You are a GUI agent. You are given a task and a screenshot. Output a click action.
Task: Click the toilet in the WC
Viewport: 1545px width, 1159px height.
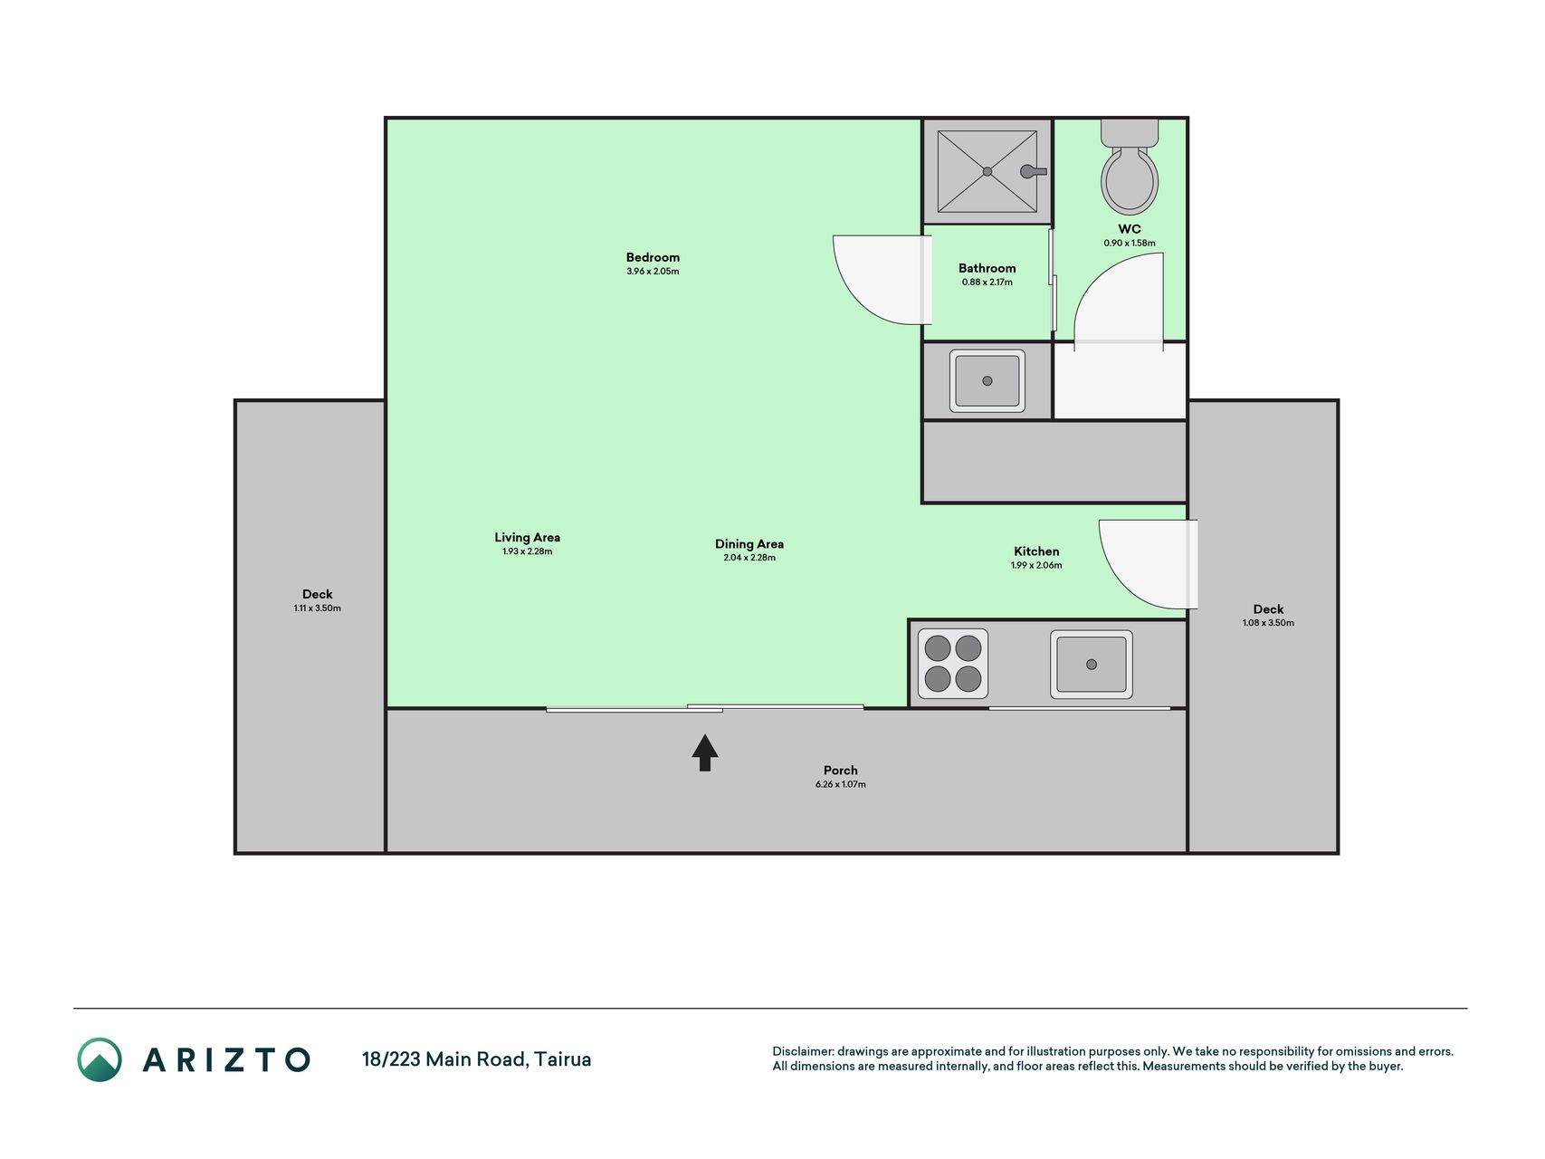[1130, 168]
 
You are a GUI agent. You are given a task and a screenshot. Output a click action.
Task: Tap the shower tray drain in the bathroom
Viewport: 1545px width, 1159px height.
[987, 171]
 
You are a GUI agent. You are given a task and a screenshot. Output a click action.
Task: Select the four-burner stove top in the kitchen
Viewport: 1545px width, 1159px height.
[953, 664]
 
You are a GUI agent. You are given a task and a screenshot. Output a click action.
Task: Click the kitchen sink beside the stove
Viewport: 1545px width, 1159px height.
[1092, 665]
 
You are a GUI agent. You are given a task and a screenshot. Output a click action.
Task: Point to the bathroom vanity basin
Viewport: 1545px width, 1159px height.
[987, 381]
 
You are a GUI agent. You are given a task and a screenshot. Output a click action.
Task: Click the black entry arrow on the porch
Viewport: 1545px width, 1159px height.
[705, 752]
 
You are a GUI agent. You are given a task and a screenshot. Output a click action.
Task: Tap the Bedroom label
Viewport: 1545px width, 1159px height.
[653, 257]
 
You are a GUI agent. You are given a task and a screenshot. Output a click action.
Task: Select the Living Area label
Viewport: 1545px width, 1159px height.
[528, 537]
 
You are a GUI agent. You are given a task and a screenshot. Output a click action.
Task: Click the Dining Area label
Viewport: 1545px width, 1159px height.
[749, 544]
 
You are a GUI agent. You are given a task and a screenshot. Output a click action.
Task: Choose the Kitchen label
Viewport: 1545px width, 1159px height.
[1036, 551]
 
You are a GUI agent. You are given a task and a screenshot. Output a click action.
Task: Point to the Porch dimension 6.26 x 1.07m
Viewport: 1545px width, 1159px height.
[841, 784]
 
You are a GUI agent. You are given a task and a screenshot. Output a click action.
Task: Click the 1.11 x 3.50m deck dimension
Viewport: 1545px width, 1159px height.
[318, 608]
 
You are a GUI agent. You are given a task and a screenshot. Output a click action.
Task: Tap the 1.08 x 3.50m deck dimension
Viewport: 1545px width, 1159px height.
[1268, 623]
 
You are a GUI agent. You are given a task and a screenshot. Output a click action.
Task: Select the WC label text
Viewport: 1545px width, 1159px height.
[1130, 229]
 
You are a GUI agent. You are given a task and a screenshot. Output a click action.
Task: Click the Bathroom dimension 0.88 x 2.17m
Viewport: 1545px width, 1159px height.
[987, 283]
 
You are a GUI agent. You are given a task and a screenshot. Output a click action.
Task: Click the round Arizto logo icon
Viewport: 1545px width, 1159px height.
[100, 1059]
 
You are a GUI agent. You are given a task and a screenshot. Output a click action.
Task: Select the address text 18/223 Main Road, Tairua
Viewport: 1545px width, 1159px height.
[477, 1059]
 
